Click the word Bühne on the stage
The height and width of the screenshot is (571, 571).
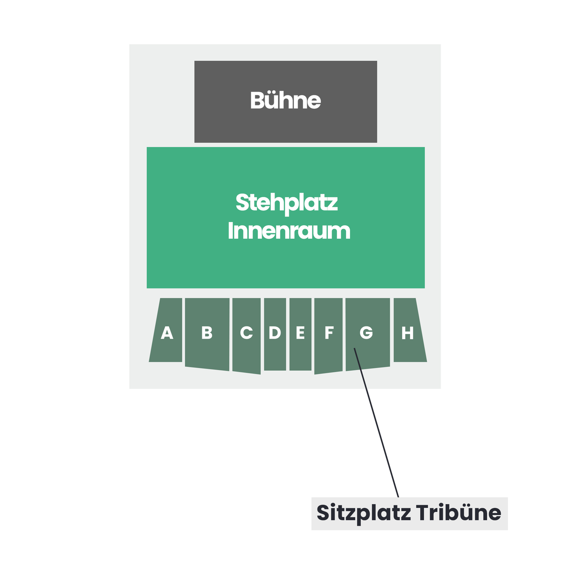pyautogui.click(x=285, y=100)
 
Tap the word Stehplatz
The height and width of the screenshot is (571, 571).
pyautogui.click(x=286, y=204)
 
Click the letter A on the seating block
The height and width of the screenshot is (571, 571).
pyautogui.click(x=167, y=332)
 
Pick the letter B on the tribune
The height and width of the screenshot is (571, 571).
pyautogui.click(x=207, y=332)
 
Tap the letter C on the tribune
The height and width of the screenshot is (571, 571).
pyautogui.click(x=246, y=332)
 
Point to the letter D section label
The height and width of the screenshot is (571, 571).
pyautogui.click(x=275, y=332)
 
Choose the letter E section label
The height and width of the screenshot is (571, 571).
pyautogui.click(x=300, y=332)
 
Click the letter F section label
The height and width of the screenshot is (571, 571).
pyautogui.click(x=329, y=332)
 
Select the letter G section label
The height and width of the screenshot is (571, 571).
pyautogui.click(x=366, y=332)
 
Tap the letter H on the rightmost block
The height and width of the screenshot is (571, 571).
pyautogui.click(x=407, y=332)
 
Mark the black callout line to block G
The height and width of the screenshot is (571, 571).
pyautogui.click(x=376, y=422)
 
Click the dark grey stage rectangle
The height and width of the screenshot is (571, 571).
pyautogui.click(x=285, y=102)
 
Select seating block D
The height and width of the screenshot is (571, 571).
pyautogui.click(x=275, y=334)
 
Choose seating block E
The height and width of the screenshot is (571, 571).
pyautogui.click(x=300, y=334)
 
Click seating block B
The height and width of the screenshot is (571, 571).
pyautogui.click(x=207, y=334)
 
